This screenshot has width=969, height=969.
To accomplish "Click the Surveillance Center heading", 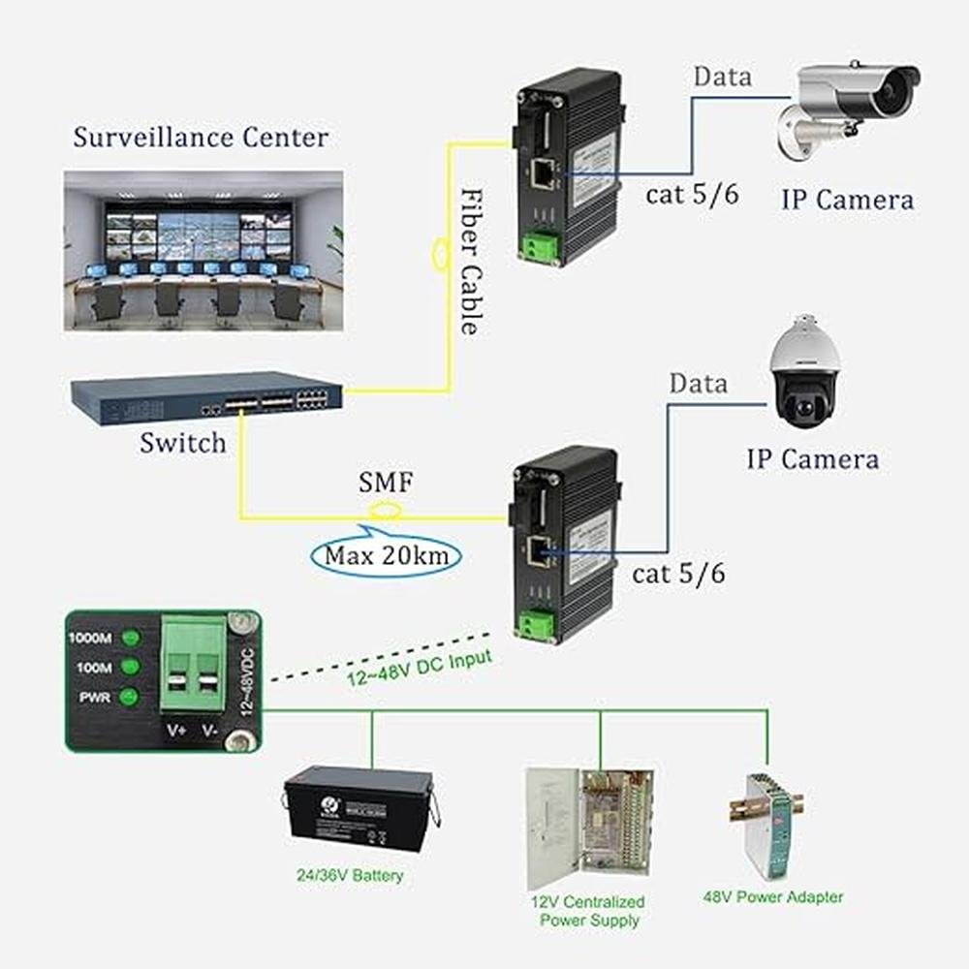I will (201, 138).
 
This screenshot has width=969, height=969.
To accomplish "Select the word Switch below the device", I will (182, 444).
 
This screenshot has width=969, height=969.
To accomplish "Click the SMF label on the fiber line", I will (386, 482).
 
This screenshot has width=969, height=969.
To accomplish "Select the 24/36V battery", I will (360, 809).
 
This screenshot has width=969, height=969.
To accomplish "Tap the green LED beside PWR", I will (126, 697).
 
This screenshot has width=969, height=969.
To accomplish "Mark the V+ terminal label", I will (176, 730).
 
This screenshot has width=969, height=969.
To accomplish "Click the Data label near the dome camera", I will (698, 384).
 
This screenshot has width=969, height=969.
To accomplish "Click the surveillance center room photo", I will (203, 251).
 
